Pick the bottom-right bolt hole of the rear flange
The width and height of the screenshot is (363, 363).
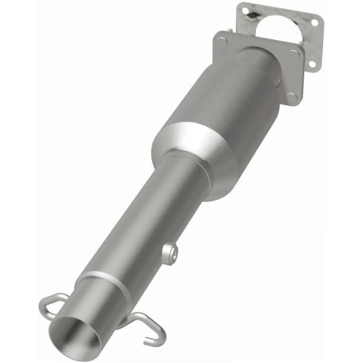pyautogui.click(x=313, y=63)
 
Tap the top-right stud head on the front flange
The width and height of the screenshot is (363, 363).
pyautogui.click(x=294, y=54)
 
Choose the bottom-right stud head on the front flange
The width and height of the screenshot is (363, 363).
pyautogui.click(x=292, y=96)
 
